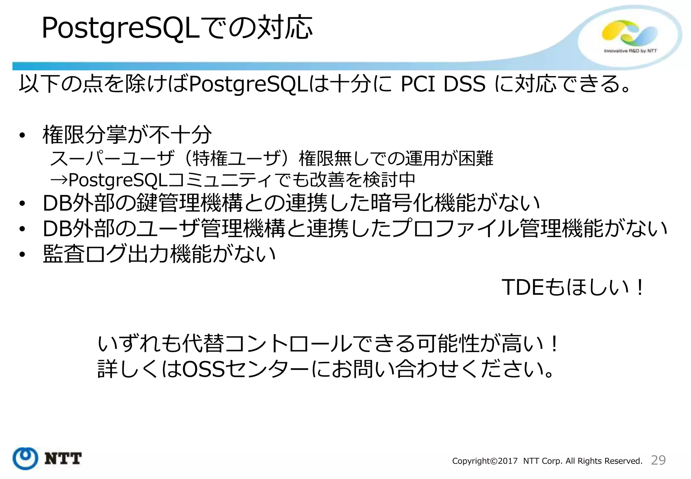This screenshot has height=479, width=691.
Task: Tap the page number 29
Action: coord(658,460)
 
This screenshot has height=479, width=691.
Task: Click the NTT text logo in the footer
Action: coord(63,459)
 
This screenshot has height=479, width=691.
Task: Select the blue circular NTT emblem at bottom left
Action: coord(25,458)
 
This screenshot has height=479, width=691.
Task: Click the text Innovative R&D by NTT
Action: coord(630,51)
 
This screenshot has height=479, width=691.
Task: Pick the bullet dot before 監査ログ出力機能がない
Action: coord(22,255)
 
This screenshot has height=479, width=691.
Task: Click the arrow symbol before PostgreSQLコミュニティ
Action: coord(59,180)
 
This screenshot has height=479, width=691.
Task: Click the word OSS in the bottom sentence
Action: coord(203,369)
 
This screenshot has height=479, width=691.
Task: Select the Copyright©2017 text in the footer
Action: coord(485,461)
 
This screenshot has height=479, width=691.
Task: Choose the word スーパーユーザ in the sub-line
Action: coord(112,158)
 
